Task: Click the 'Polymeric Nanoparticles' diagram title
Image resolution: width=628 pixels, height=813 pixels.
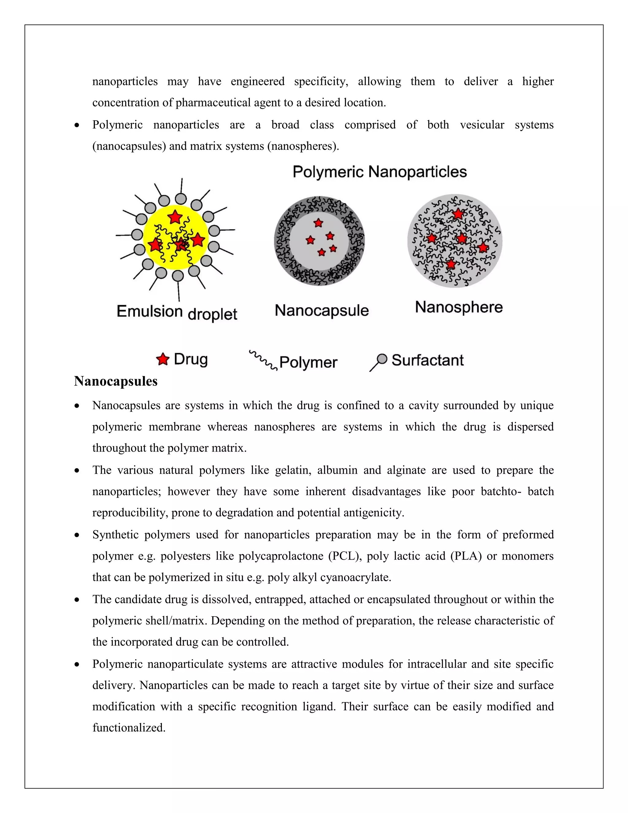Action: click(x=380, y=172)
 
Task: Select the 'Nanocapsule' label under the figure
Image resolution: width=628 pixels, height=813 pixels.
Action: click(x=321, y=310)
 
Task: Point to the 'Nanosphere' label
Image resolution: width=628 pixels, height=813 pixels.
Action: click(x=459, y=307)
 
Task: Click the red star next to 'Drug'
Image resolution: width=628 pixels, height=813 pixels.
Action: click(x=163, y=359)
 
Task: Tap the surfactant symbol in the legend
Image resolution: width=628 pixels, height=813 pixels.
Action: click(x=379, y=362)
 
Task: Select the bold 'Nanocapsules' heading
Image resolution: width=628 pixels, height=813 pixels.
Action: click(x=116, y=381)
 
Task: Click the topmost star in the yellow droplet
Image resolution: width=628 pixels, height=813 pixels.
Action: click(x=174, y=217)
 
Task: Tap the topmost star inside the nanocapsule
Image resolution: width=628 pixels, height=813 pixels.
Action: click(x=318, y=223)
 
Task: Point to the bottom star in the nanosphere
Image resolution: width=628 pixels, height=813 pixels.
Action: click(x=451, y=264)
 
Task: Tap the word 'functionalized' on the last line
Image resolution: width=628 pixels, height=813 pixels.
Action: click(x=128, y=728)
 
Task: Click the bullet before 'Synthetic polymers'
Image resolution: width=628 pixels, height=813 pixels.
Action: click(x=77, y=535)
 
